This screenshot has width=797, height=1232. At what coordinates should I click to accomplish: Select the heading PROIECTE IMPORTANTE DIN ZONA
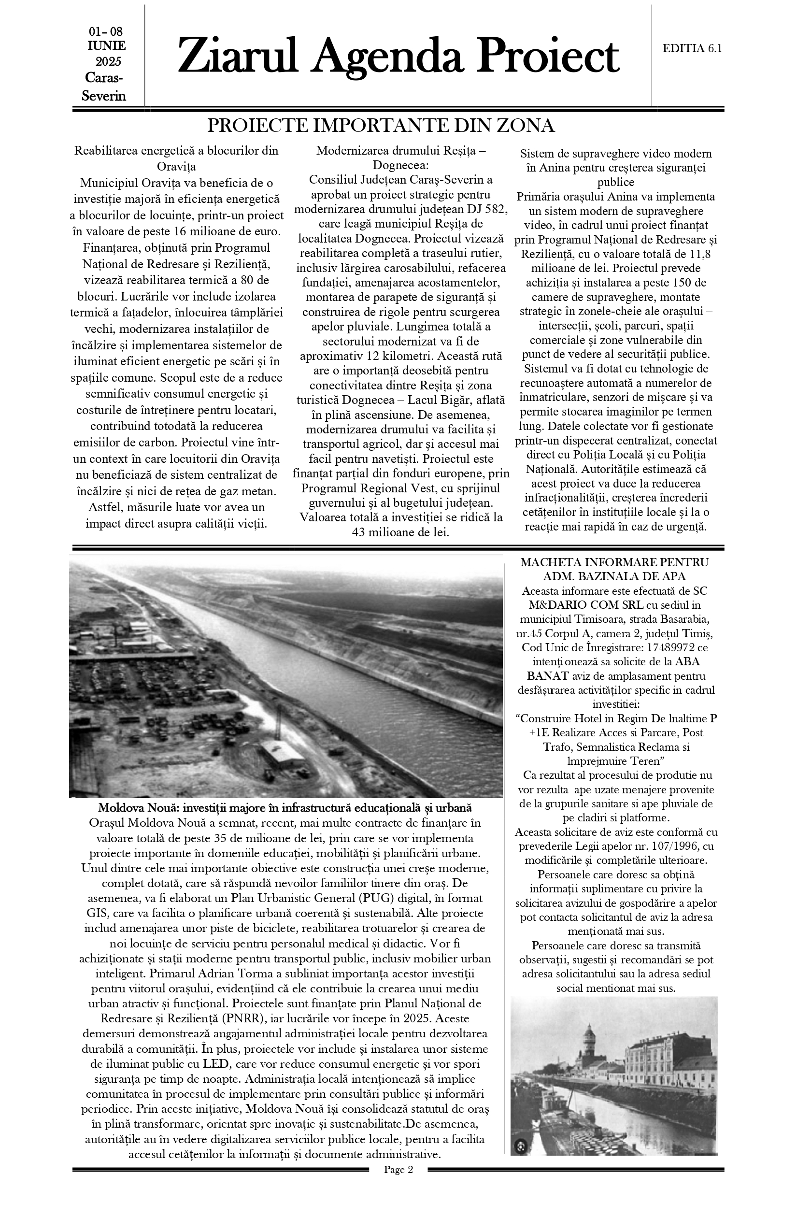click(x=381, y=126)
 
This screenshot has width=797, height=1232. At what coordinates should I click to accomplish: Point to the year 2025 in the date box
click(x=108, y=62)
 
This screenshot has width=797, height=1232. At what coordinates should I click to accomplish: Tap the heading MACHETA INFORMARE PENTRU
click(x=614, y=562)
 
